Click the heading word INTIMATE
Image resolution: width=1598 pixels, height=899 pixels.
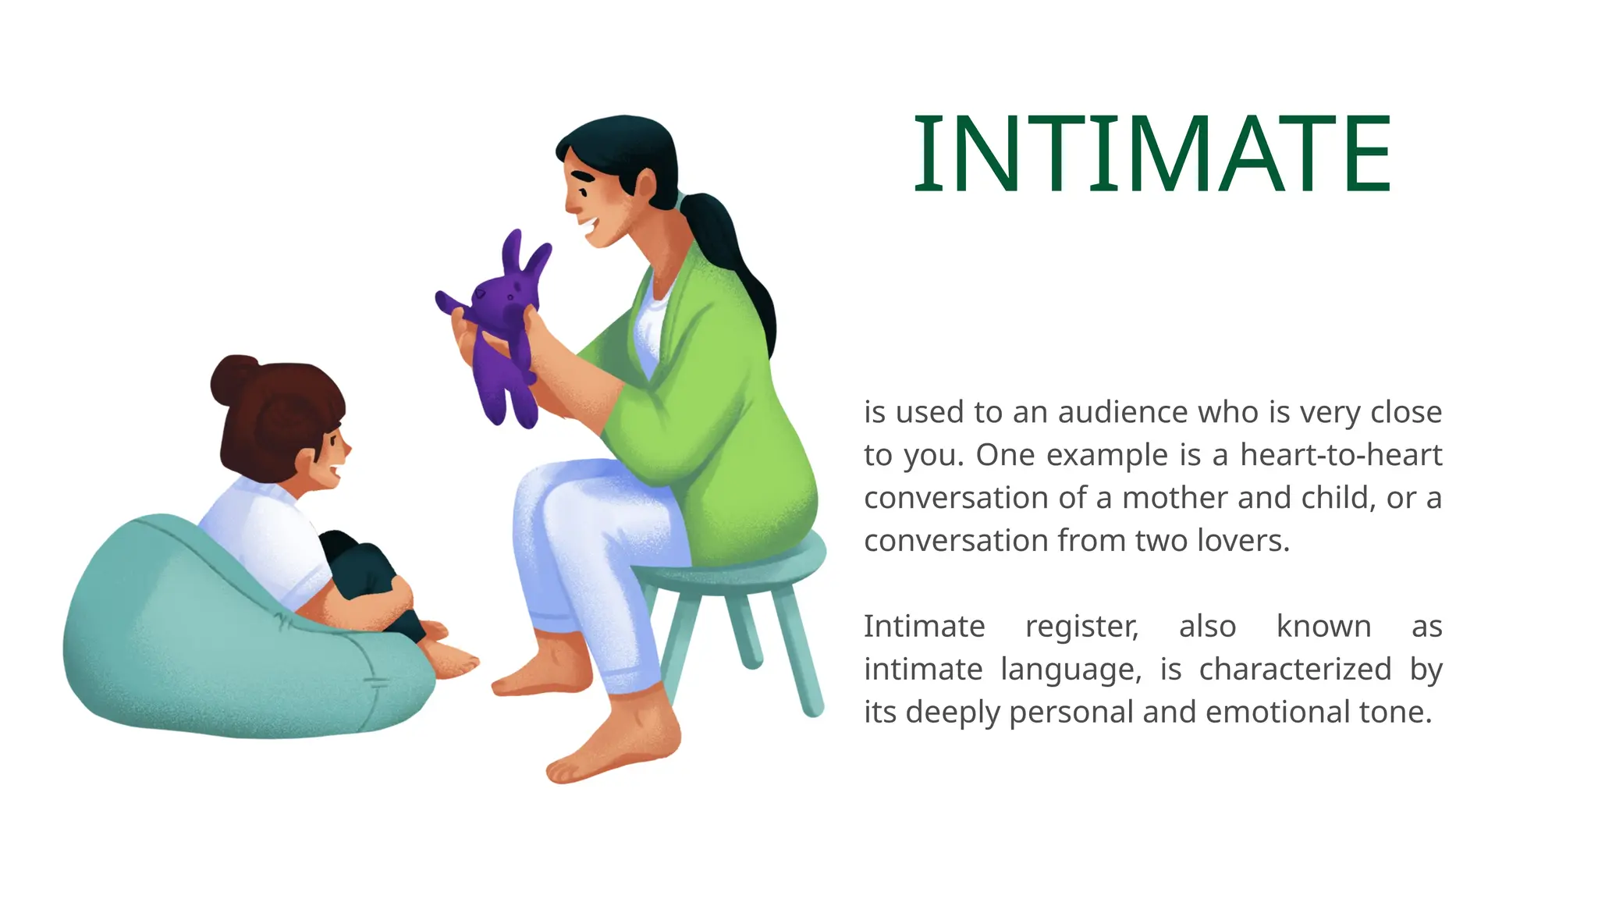(1152, 154)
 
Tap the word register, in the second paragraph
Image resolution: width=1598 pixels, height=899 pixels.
(1081, 627)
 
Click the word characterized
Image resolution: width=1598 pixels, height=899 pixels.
(1294, 670)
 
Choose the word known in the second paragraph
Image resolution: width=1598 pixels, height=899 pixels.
(1323, 627)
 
